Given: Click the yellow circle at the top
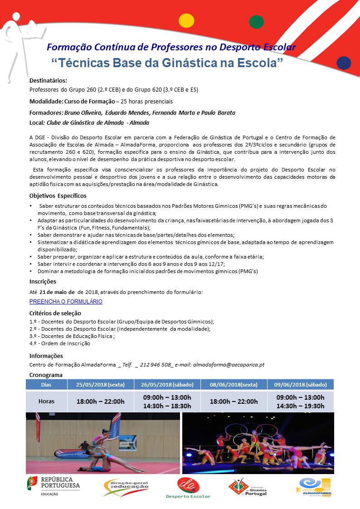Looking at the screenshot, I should click(186, 21).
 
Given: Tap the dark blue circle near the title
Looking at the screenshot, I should click(344, 63).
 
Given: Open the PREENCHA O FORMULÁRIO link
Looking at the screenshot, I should click(66, 301).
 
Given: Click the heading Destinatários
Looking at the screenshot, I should click(48, 80).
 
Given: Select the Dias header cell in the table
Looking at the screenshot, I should click(46, 384).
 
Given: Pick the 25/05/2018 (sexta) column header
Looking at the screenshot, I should click(100, 384).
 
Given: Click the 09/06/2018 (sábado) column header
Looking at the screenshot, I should click(300, 384).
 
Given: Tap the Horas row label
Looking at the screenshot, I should click(46, 401).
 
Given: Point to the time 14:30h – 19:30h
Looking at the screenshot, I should click(300, 406).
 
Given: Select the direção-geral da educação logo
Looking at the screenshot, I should click(126, 488).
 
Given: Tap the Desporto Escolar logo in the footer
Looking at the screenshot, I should click(188, 488).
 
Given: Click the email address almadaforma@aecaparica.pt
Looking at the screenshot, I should click(229, 364).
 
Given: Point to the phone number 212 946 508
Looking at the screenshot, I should click(156, 364).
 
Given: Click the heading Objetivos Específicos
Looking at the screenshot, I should click(58, 196).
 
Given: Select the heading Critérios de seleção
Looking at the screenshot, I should click(55, 313).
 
